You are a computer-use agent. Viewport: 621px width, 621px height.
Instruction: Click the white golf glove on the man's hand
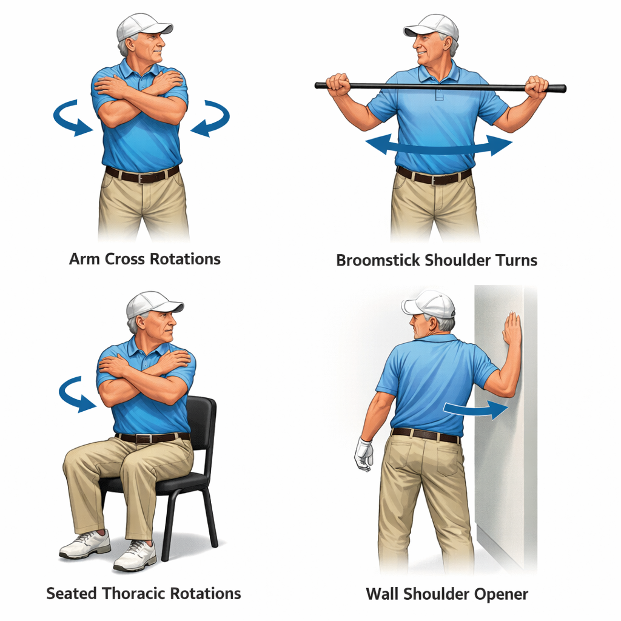coord(364,454)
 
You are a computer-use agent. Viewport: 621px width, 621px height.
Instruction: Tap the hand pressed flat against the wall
coord(512,328)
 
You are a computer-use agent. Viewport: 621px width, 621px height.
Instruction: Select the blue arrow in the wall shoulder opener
coord(475,410)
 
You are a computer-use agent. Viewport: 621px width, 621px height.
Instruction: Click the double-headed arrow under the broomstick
coord(438,147)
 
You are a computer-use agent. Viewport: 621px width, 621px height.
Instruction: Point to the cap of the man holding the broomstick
coord(432,27)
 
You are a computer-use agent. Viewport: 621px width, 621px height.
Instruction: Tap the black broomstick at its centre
coord(440,86)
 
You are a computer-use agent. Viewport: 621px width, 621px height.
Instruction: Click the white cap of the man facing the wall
coord(429,304)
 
